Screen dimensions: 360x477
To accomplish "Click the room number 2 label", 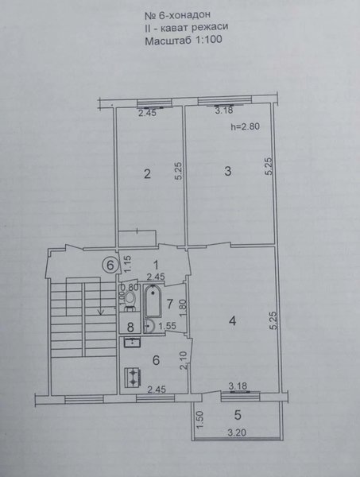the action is [147, 174].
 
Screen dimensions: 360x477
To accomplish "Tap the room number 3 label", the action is [228, 171].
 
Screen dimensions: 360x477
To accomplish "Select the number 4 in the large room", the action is [233, 320].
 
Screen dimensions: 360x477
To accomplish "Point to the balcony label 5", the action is [238, 414].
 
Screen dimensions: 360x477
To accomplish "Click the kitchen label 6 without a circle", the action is [156, 360].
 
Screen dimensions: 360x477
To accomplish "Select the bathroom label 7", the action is [170, 304].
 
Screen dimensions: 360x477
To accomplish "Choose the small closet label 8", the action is [130, 328].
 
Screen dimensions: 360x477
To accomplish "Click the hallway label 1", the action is [156, 266].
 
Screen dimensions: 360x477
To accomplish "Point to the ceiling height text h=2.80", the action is [246, 126].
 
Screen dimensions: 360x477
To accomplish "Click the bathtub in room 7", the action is [153, 301].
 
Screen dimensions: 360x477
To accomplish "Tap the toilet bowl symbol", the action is [130, 300].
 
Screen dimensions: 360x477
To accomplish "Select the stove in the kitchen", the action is [133, 377].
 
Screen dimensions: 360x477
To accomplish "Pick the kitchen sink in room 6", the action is [132, 342].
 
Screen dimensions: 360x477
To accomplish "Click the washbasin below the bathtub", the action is [149, 326].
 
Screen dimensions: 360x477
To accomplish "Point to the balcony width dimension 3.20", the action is [237, 432].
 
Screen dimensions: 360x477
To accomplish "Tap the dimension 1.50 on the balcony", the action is [199, 420].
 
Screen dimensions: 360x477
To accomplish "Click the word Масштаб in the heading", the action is [166, 41].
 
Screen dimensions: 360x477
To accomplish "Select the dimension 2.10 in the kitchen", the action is [184, 360].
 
